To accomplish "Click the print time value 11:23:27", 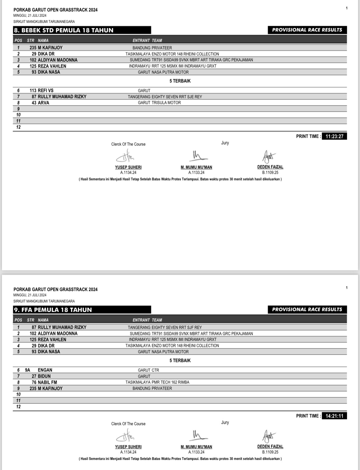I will [x=334, y=136].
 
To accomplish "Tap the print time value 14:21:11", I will [x=334, y=416].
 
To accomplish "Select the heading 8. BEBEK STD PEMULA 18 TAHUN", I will [x=64, y=30].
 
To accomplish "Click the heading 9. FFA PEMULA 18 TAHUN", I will [x=53, y=310].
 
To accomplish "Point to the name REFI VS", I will [x=46, y=90].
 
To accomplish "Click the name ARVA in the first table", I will [x=43, y=103].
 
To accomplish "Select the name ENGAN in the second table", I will [x=45, y=370].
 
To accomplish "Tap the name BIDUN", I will [x=44, y=376].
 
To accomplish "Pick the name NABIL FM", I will [x=47, y=382].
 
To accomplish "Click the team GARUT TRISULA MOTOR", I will [x=159, y=103].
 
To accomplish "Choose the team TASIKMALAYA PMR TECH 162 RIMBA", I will [x=157, y=382].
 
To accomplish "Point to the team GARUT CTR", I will [x=149, y=370].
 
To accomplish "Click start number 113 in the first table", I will [x=33, y=90].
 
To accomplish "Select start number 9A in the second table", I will [x=28, y=370].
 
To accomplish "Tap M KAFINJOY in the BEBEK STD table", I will [x=50, y=48].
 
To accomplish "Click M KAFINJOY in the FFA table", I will [x=50, y=388].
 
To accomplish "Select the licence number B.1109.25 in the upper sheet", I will [x=270, y=173].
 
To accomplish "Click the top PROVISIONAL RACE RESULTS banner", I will [x=307, y=30].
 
